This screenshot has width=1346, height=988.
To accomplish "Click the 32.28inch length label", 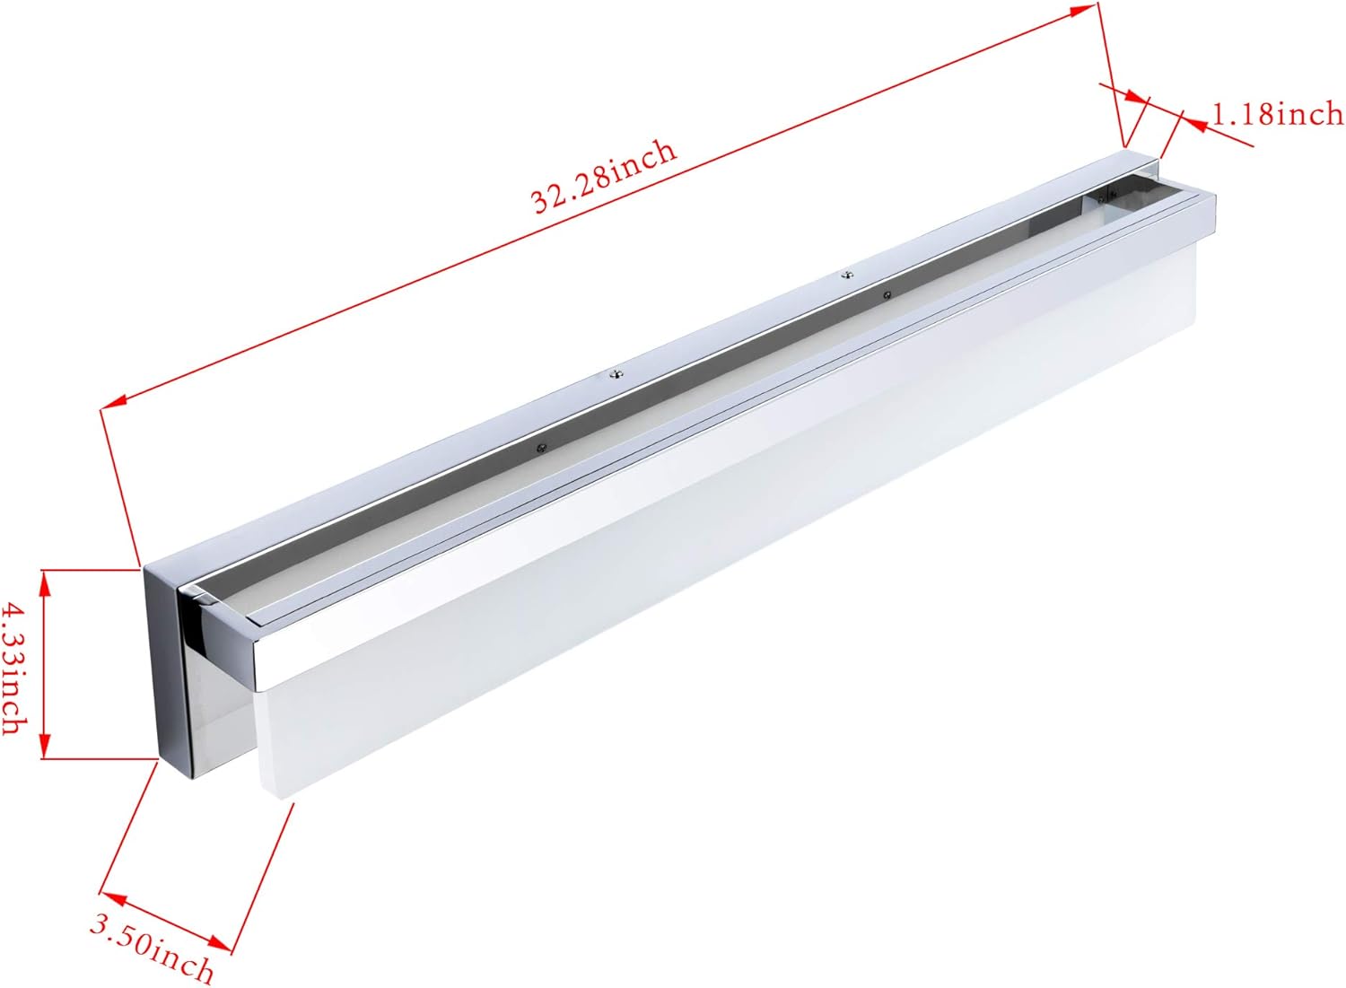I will [x=603, y=176].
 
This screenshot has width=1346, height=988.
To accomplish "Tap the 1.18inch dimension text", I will [x=1278, y=114].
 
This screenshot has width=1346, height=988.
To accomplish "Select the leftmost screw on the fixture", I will [x=541, y=446].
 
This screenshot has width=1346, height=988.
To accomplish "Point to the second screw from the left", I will [x=616, y=375].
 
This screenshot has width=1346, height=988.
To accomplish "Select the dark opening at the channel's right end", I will [x=1113, y=203].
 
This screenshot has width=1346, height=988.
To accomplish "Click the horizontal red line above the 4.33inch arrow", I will [x=90, y=568].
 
